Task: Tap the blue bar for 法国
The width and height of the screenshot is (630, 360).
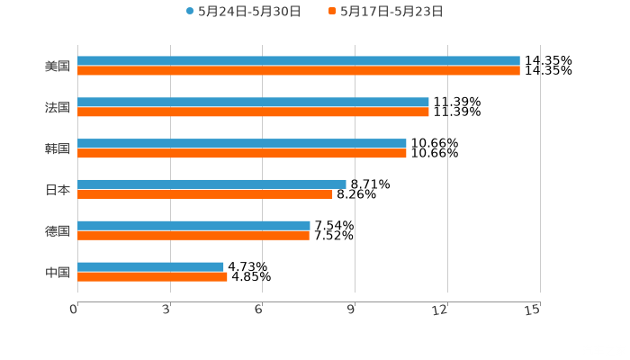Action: (x=253, y=103)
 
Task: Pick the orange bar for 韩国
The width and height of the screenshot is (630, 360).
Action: (x=242, y=153)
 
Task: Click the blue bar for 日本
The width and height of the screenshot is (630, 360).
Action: (x=211, y=184)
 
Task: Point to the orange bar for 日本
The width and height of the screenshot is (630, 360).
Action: (x=205, y=193)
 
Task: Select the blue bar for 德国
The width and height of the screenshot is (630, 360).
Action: (x=193, y=225)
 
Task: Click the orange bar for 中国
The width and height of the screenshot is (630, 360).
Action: (x=152, y=276)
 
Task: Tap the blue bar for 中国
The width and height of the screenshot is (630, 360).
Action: (x=150, y=266)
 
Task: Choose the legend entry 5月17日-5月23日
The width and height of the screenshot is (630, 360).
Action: (x=391, y=12)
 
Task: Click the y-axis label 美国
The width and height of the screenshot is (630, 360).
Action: (x=58, y=66)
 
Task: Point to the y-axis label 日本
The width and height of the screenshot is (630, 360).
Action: (x=58, y=190)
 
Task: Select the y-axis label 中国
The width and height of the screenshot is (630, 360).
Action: (x=58, y=272)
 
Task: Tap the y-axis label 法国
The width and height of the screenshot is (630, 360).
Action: (x=58, y=107)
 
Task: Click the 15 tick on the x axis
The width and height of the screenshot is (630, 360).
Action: (x=532, y=310)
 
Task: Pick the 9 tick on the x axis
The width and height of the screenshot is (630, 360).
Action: (x=352, y=310)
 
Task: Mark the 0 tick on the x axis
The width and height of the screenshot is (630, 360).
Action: (x=75, y=310)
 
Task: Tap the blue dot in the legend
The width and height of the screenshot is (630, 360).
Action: (x=190, y=12)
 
